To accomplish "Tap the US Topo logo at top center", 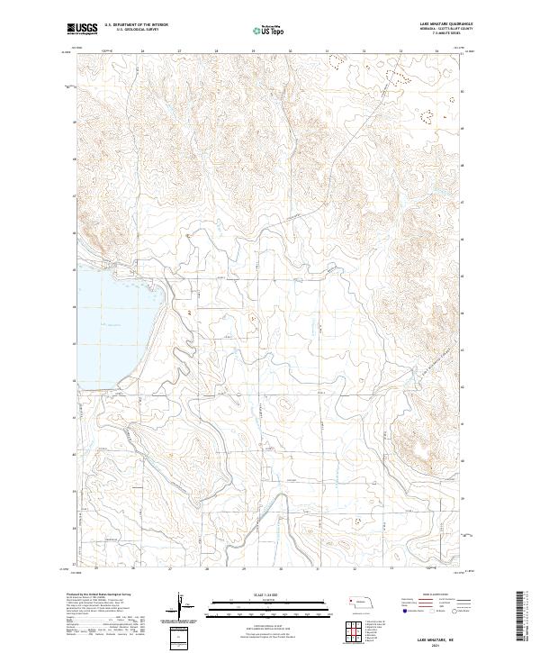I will (271, 30).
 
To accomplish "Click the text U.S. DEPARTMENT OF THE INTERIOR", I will (136, 24).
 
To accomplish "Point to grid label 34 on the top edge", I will (436, 51).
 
